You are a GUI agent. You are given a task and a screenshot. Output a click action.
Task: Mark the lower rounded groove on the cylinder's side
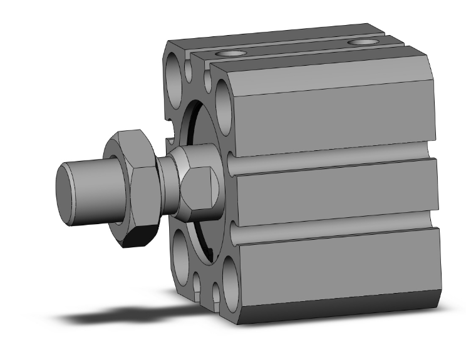coord(332,235)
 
